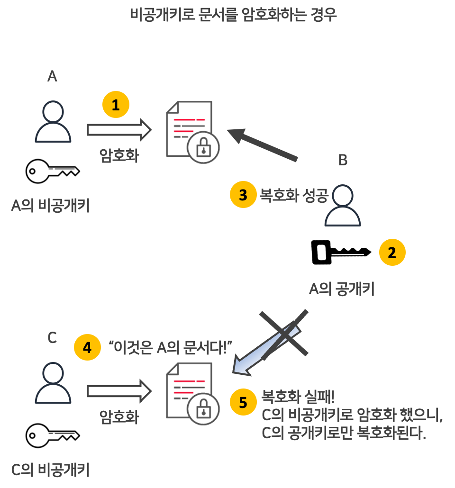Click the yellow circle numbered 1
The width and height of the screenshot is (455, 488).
click(116, 106)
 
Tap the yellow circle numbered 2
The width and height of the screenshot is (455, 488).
click(392, 253)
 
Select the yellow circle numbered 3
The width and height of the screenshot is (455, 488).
click(243, 195)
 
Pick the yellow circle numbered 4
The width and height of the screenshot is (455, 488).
click(87, 348)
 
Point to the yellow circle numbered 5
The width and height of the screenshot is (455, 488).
click(243, 402)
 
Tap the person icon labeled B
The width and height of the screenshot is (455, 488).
click(343, 205)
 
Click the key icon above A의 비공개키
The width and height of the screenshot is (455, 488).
click(53, 170)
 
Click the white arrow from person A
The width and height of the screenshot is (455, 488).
click(118, 129)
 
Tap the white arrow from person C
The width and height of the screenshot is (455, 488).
click(118, 391)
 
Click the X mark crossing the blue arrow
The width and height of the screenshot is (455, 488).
click(284, 334)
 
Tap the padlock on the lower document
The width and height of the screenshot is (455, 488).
click(203, 408)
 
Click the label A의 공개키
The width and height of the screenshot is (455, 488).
click(342, 289)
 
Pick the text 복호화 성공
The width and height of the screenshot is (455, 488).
click(293, 195)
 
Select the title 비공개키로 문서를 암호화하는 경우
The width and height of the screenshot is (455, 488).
click(233, 14)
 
